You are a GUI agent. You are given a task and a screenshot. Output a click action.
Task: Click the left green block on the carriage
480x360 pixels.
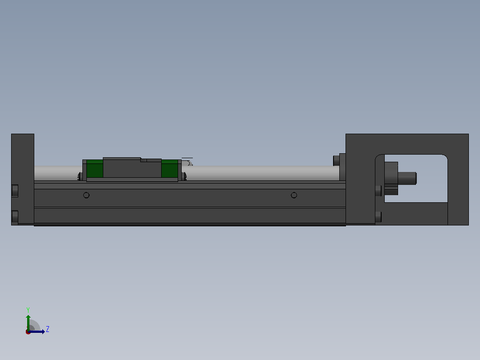[x=95, y=168]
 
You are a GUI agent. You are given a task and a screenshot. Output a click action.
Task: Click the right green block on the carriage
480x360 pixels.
[x=170, y=168]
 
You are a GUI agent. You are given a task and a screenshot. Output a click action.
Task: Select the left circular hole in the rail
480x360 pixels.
[x=86, y=195]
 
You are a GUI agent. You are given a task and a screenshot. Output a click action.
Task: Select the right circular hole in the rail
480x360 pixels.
[x=294, y=195]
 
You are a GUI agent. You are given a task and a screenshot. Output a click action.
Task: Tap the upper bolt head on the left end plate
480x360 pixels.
[x=15, y=191]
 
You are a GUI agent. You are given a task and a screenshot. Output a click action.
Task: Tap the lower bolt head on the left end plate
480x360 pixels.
[x=15, y=217]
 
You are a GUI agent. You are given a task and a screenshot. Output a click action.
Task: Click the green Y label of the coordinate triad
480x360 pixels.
[x=28, y=310]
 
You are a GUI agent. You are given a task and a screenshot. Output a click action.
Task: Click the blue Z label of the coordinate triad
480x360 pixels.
[x=48, y=329]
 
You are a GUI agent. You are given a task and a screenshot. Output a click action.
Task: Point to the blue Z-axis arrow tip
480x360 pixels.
[x=45, y=332]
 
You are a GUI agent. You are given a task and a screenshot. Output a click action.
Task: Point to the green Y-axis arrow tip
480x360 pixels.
[x=28, y=315]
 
